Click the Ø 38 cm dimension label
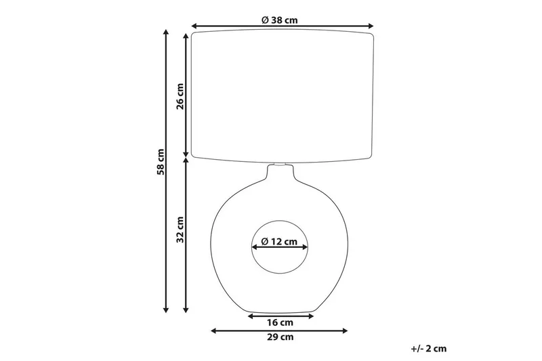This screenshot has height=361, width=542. [x=280, y=20]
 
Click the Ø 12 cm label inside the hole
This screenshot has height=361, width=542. [x=280, y=241]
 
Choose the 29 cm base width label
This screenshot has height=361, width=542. [x=280, y=337]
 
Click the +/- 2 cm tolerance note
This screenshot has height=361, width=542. [x=429, y=348]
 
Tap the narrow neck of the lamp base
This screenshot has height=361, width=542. [x=280, y=175]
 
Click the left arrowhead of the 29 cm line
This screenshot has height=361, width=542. [x=215, y=331]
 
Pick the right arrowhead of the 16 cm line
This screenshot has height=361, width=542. [x=313, y=315]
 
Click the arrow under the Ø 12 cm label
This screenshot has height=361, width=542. [x=280, y=249]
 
